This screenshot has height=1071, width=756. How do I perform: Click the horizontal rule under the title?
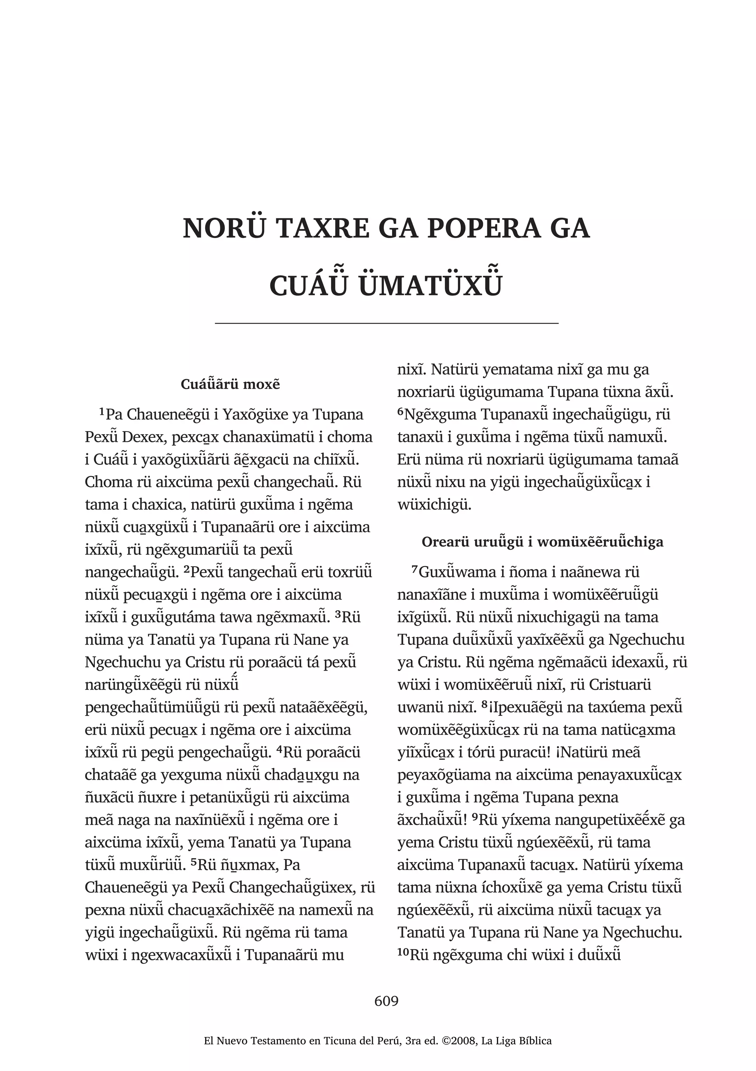coord(386,323)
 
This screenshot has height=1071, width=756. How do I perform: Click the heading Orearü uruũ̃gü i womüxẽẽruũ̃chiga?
coord(542,542)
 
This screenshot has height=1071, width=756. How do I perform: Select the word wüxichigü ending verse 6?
coord(434,505)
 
